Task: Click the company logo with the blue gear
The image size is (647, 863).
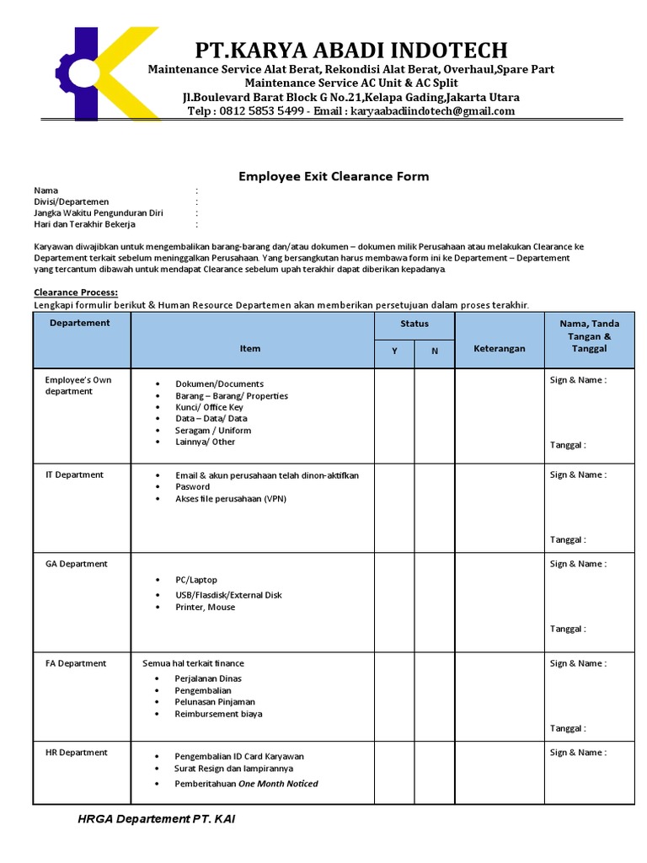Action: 99,74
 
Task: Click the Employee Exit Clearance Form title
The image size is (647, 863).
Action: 334,176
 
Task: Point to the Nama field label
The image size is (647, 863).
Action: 46,190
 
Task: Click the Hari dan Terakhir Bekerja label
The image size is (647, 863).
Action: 84,224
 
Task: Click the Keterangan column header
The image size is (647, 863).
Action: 499,348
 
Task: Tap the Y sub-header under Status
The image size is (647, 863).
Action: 394,351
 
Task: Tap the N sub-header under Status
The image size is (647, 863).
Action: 435,351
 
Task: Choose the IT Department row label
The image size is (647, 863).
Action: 74,474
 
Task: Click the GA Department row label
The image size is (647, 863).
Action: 76,564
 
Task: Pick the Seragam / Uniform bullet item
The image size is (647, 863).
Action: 213,430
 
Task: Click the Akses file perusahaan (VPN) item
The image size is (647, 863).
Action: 231,499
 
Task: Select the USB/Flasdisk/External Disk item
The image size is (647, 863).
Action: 228,595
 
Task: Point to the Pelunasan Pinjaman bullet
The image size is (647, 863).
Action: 215,701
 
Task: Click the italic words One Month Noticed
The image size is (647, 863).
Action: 278,784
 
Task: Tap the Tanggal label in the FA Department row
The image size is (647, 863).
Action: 568,728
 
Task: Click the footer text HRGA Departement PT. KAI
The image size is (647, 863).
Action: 156,819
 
